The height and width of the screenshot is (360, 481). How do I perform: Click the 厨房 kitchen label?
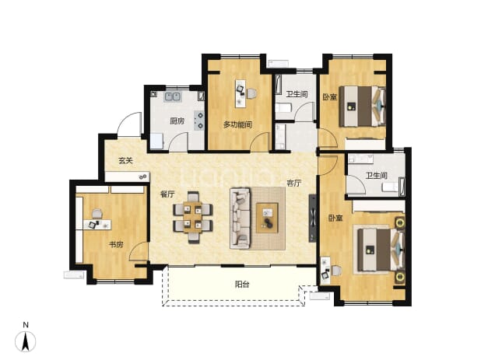click(177, 121)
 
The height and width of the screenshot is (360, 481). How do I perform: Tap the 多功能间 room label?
click(237, 124)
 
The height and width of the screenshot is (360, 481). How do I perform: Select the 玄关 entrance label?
click(126, 160)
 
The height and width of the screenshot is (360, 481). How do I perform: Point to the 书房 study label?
click(116, 244)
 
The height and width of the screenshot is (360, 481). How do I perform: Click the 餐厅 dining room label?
click(167, 194)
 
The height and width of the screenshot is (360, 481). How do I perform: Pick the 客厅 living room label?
click(294, 183)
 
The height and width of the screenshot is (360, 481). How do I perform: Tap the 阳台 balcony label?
click(242, 285)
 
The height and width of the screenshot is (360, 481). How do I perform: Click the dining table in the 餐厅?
click(193, 217)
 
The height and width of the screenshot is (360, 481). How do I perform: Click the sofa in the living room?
click(240, 218)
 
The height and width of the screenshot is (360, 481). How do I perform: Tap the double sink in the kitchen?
click(173, 96)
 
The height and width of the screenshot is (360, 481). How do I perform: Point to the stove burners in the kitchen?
click(199, 120)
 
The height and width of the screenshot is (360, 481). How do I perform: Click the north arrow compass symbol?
click(26, 341)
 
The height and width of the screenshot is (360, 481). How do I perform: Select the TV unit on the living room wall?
click(313, 218)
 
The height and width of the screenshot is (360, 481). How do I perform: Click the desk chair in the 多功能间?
click(251, 93)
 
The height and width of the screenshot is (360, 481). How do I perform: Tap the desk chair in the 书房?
click(97, 213)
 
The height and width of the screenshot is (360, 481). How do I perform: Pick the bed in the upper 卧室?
click(363, 107)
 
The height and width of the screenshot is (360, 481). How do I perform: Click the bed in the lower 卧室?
click(381, 250)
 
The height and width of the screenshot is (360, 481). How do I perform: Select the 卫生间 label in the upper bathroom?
click(297, 94)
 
